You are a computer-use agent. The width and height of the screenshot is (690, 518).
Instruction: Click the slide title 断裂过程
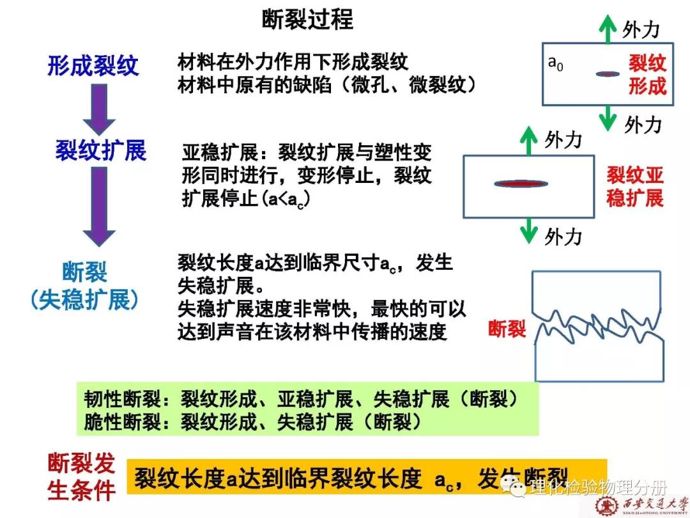(307, 19)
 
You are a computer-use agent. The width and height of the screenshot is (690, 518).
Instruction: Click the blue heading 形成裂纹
(93, 65)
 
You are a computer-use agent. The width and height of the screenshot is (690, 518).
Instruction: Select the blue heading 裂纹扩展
(100, 151)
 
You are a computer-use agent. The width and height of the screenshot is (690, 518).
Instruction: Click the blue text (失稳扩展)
(84, 300)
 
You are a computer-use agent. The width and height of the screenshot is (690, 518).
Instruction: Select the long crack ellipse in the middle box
(521, 184)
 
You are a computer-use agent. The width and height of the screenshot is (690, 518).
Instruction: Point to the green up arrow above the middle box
(528, 139)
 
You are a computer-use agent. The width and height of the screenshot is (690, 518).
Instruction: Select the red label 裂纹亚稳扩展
(634, 186)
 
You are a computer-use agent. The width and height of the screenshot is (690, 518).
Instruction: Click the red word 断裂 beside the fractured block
(507, 329)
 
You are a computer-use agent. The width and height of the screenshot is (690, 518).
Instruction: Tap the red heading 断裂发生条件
(82, 476)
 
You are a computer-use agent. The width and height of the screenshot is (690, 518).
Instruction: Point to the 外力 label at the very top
(641, 29)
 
